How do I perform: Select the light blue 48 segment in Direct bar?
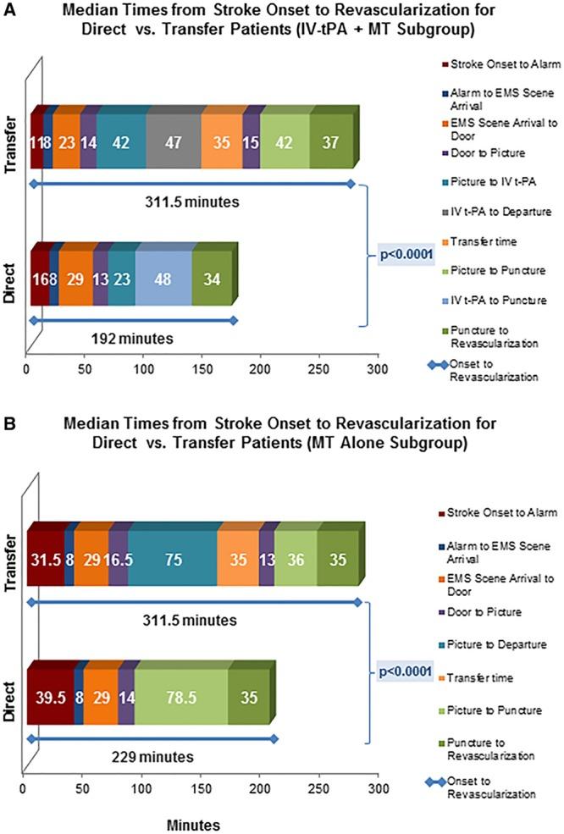click(x=163, y=280)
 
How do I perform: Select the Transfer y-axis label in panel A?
click(x=12, y=142)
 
